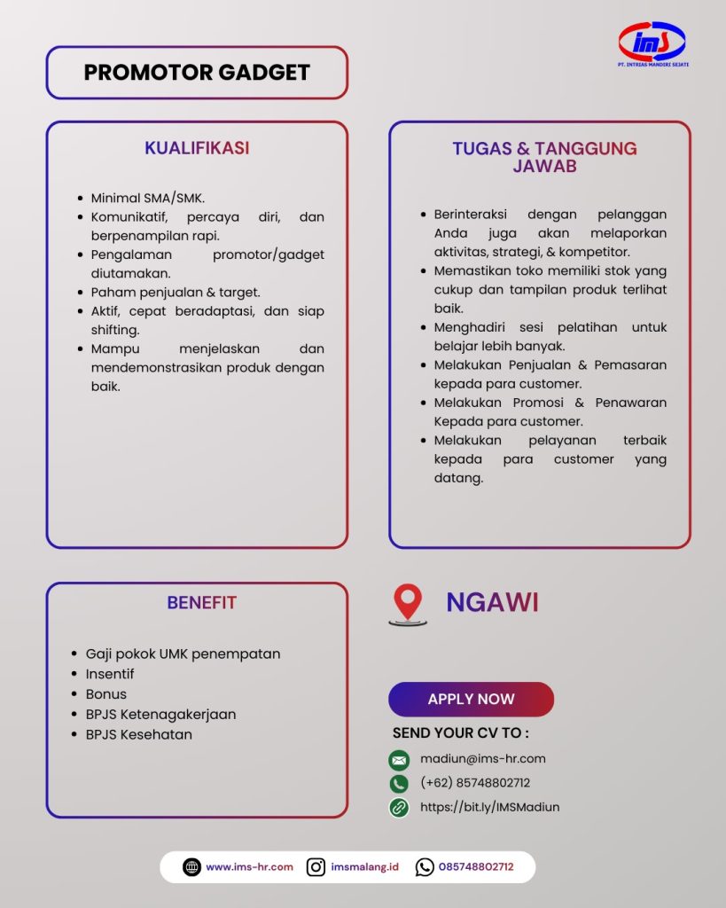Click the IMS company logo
tap(652, 43)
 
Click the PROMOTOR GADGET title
tap(197, 73)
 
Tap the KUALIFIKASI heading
tap(197, 148)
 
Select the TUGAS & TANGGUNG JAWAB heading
tap(544, 157)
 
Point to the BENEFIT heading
tap(201, 603)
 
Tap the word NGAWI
tap(492, 603)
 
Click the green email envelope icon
tap(399, 760)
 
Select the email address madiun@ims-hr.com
tap(482, 759)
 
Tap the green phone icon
tap(399, 784)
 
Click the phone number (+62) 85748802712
tap(475, 783)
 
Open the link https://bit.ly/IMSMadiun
tap(489, 807)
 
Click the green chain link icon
tap(399, 808)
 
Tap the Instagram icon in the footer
tap(316, 867)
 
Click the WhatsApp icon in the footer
tap(425, 867)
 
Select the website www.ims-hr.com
tap(249, 867)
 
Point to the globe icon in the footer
tap(191, 867)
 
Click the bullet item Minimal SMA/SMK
tap(147, 198)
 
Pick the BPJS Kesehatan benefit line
tap(138, 734)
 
